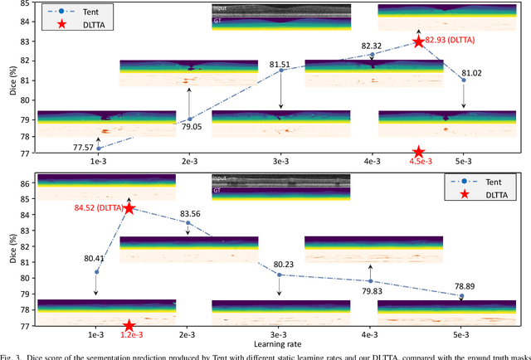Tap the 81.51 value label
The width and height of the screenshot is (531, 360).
(280, 63)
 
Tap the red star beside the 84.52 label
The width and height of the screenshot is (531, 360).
(129, 207)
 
